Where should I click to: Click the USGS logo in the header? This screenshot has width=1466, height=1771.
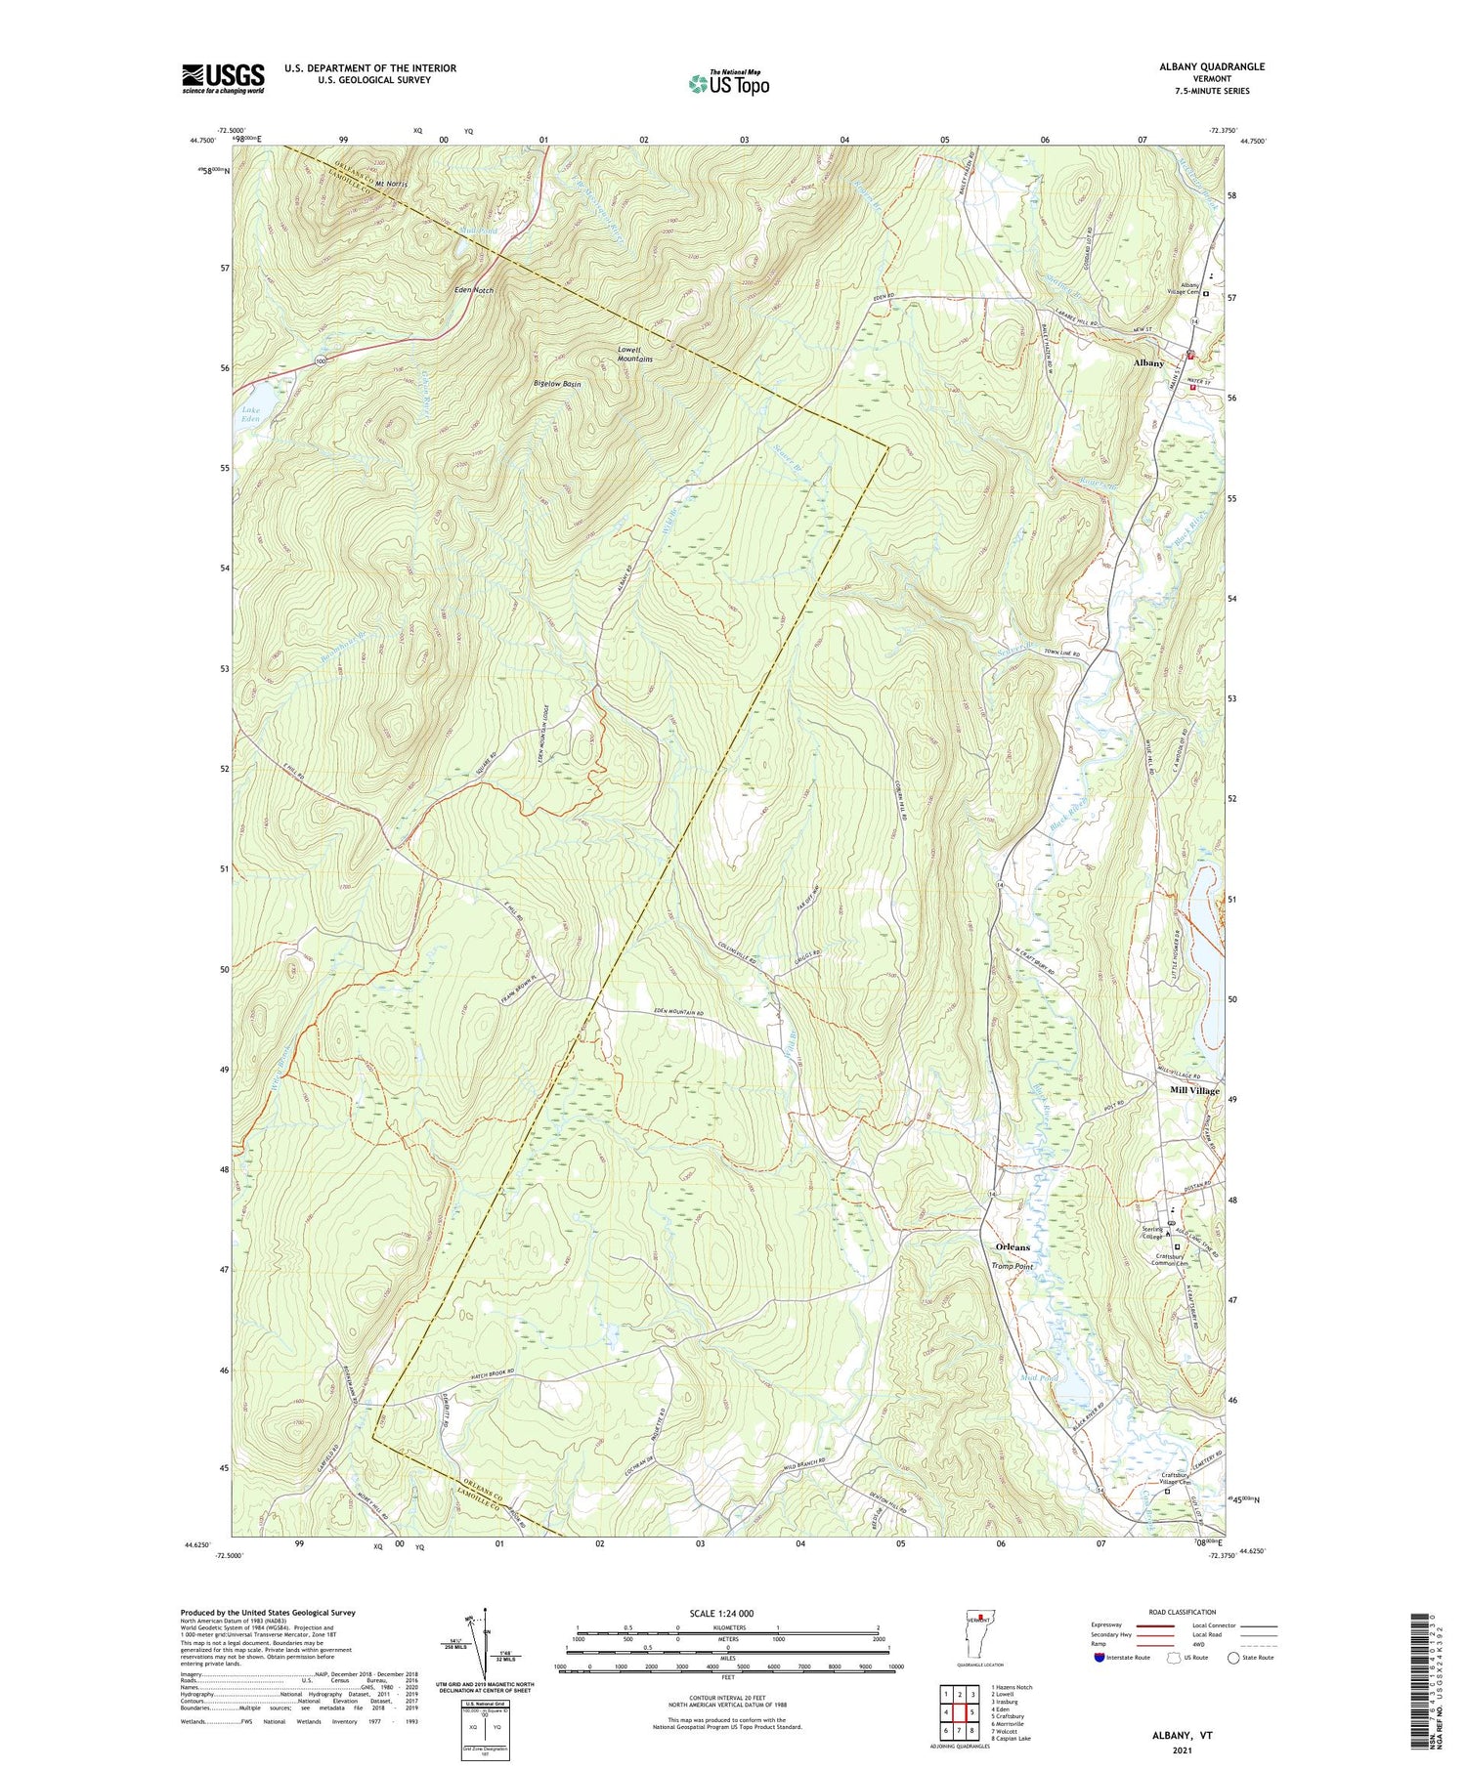pos(223,78)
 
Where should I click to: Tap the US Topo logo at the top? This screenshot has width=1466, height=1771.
pos(728,84)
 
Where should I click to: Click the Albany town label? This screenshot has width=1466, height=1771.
pos(1148,362)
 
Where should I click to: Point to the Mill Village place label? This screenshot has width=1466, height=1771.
pos(1194,1090)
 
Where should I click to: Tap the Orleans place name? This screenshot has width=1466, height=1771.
pos(1012,1247)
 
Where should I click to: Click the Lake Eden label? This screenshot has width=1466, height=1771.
pos(250,413)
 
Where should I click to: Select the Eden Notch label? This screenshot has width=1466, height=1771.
pos(474,290)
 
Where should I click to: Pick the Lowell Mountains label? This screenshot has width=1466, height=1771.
pos(634,354)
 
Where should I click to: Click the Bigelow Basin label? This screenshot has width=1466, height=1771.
pos(557,384)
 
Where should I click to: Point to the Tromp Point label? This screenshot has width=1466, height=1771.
pos(1012,1266)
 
